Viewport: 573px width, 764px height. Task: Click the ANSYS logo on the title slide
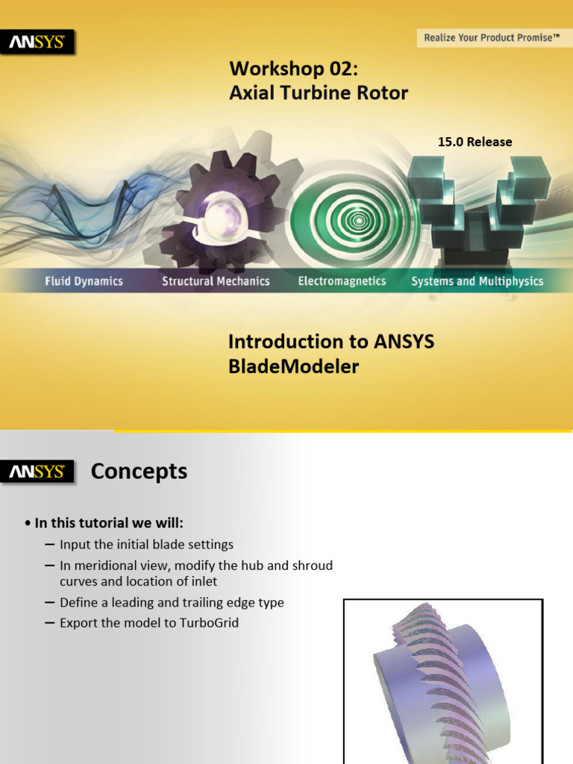tap(37, 43)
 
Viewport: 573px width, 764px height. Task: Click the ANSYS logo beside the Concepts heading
tap(37, 472)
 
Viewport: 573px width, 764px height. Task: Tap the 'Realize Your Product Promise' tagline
tap(492, 37)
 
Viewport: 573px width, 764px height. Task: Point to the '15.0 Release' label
tap(475, 142)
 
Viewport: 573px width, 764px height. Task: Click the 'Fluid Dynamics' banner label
tap(84, 281)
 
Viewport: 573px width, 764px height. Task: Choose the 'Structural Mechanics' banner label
tap(216, 281)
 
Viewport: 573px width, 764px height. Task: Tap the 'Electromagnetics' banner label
tap(342, 281)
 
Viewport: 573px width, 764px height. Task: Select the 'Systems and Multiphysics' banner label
tap(477, 281)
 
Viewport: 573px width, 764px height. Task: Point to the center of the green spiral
tap(359, 221)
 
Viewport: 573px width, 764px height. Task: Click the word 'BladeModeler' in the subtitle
tap(293, 366)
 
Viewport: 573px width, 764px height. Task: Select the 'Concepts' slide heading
tap(139, 472)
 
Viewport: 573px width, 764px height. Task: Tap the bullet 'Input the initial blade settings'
tap(146, 545)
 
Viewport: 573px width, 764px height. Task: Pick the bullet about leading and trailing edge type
tap(172, 602)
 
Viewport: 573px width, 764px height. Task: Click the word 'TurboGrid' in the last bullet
tap(209, 622)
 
